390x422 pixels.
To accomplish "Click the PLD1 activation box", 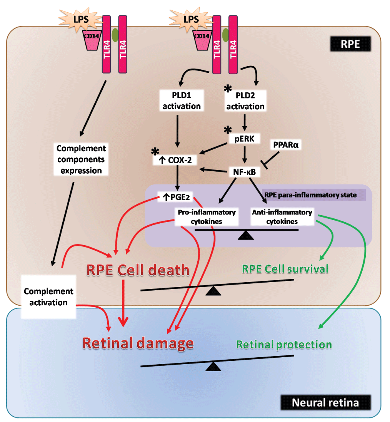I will (x=182, y=100).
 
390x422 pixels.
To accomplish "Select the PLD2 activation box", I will (x=245, y=100).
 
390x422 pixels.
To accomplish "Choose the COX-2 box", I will (x=177, y=161).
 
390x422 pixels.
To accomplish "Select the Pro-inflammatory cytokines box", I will (x=207, y=217).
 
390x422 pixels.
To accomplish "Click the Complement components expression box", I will (x=81, y=159).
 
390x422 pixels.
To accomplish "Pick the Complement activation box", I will (x=48, y=296).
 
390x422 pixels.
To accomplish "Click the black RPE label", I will (x=350, y=44).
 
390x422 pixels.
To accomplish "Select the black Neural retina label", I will (x=325, y=403).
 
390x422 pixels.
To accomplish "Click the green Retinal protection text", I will (x=284, y=344).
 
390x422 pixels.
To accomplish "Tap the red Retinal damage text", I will (x=138, y=343).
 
